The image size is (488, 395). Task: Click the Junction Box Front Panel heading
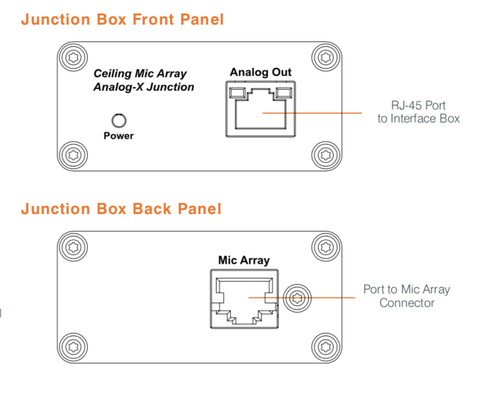[122, 19]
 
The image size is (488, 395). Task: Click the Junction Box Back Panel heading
[121, 209]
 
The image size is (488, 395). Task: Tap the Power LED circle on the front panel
[117, 120]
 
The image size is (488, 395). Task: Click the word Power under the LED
[118, 136]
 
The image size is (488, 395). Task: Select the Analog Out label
[260, 72]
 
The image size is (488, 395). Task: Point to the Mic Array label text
[244, 260]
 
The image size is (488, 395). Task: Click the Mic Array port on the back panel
[244, 297]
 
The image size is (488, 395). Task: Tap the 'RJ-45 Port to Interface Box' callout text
[419, 112]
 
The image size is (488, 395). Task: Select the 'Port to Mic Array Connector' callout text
[406, 296]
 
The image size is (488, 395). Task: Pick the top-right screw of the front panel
[325, 58]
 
